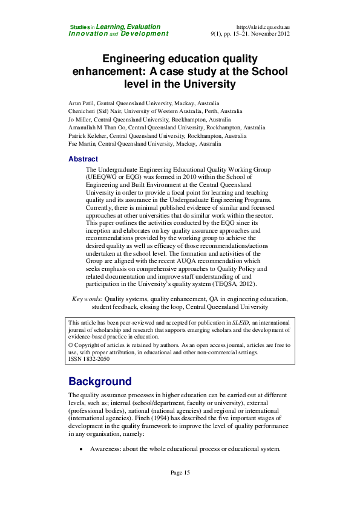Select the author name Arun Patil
pyautogui.click(x=81, y=103)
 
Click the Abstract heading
pyautogui.click(x=83, y=159)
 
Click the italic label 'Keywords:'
pyautogui.click(x=87, y=299)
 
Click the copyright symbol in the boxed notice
pyautogui.click(x=71, y=345)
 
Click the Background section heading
pyautogui.click(x=100, y=381)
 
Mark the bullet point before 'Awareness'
pyautogui.click(x=81, y=450)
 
